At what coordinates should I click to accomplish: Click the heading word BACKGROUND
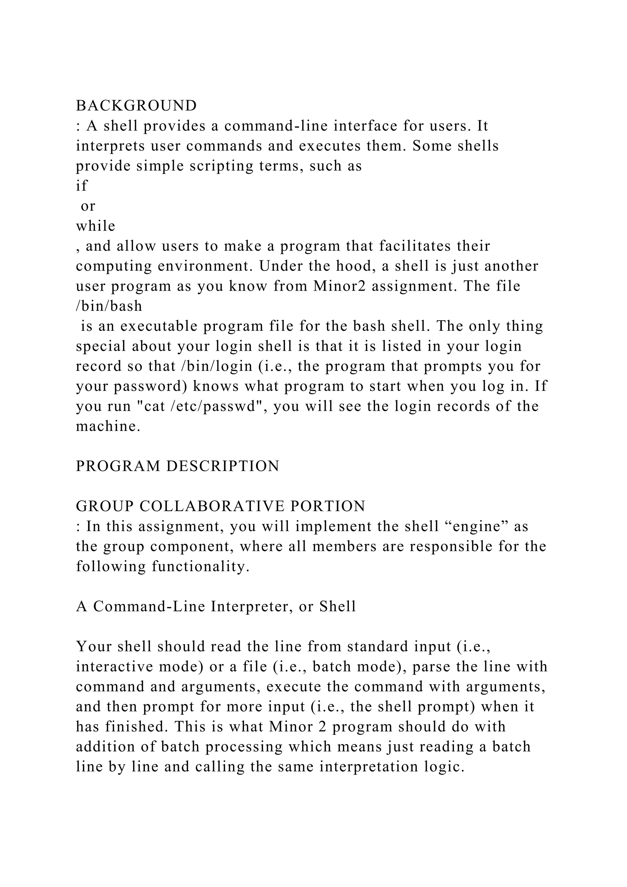tap(136, 105)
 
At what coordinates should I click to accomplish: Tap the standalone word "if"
tap(81, 186)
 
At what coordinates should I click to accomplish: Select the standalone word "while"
tap(95, 226)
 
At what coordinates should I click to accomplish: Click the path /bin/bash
tap(109, 306)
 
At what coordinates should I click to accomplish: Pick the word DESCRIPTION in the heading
tap(223, 466)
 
